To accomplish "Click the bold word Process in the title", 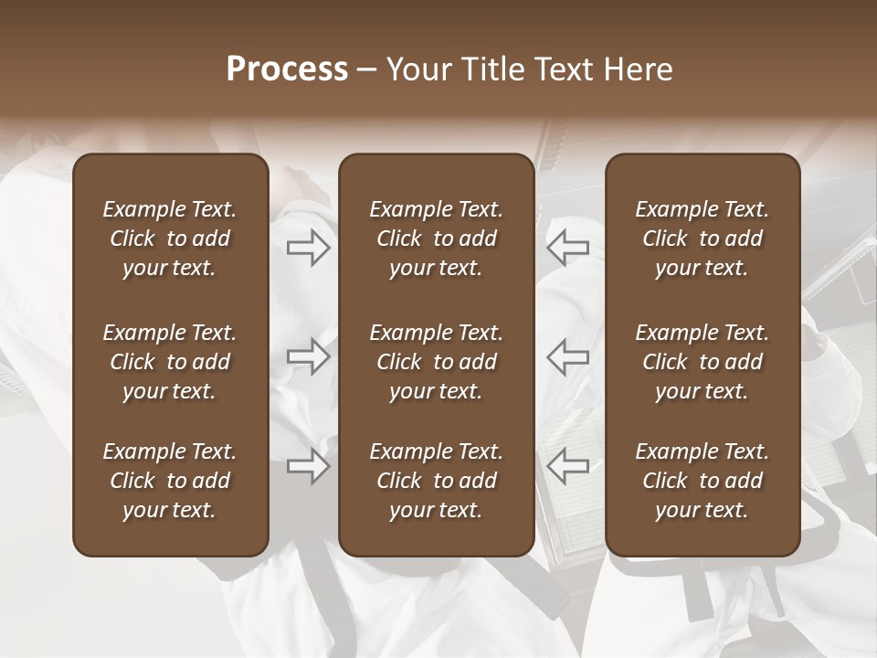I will point(287,69).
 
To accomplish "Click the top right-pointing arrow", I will point(309,247).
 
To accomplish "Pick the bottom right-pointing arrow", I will point(309,466).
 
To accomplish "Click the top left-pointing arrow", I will point(567,247).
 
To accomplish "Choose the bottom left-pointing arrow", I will point(567,466).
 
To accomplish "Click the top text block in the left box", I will point(170,239).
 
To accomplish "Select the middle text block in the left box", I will point(170,362).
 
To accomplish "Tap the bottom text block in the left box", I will point(170,481).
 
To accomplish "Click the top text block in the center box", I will point(437,239).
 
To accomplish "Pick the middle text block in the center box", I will point(437,362).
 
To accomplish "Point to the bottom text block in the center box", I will point(437,481).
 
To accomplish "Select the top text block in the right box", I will point(703,239).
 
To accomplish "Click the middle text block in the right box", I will point(703,362).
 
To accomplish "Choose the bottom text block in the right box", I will point(703,481).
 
